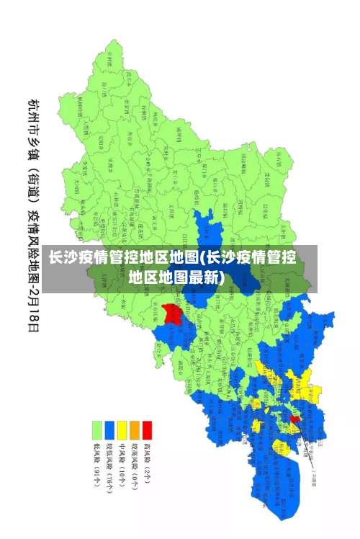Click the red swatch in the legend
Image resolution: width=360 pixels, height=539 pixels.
pyautogui.click(x=147, y=431)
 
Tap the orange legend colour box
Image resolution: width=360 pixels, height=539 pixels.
pyautogui.click(x=134, y=431)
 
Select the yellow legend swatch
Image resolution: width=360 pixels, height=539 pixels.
pyautogui.click(x=122, y=431)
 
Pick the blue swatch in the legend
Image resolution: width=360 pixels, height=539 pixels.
pyautogui.click(x=109, y=431)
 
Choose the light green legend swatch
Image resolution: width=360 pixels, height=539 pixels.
pyautogui.click(x=96, y=431)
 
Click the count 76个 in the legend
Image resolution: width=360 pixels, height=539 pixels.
pyautogui.click(x=109, y=486)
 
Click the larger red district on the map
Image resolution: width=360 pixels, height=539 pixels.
pyautogui.click(x=171, y=313)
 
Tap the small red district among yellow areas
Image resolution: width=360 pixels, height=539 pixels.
pyautogui.click(x=294, y=419)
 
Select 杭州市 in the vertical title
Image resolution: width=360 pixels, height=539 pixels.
pyautogui.click(x=34, y=113)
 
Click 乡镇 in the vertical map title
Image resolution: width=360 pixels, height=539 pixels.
pyautogui.click(x=34, y=148)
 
